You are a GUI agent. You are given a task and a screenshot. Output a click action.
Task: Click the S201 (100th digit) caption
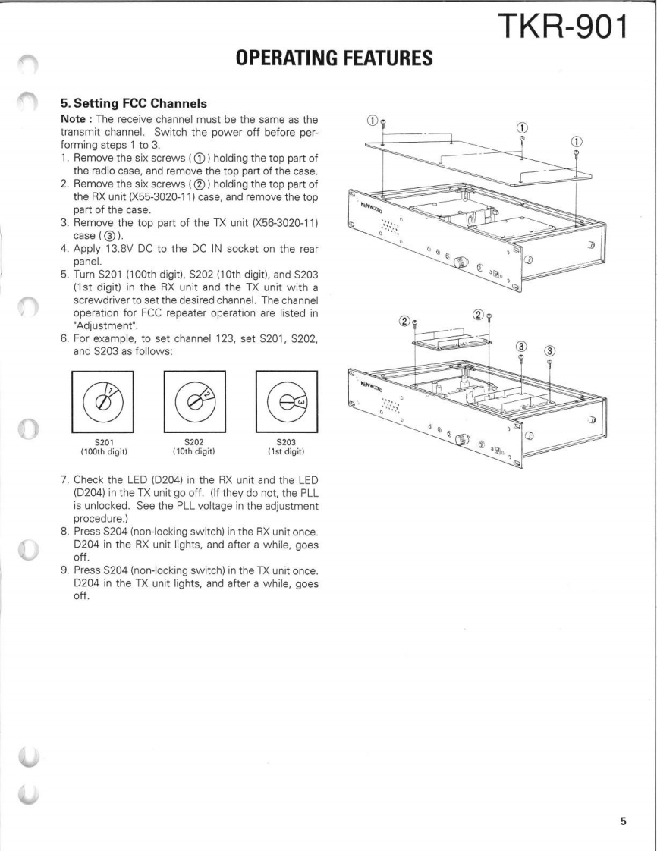(103, 447)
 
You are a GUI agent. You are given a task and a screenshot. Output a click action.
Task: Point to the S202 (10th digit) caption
(195, 447)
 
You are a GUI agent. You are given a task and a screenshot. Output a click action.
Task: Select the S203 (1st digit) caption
(287, 447)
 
